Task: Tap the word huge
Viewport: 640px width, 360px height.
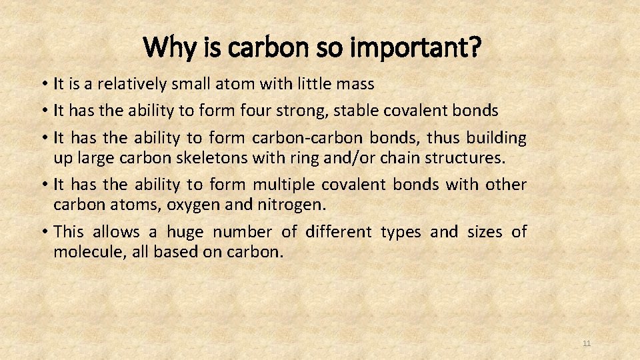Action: point(185,232)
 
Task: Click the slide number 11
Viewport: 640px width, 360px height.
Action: point(587,343)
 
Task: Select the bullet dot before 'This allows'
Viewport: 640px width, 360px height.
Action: point(43,232)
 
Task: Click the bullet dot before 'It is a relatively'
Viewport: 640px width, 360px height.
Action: point(43,84)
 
